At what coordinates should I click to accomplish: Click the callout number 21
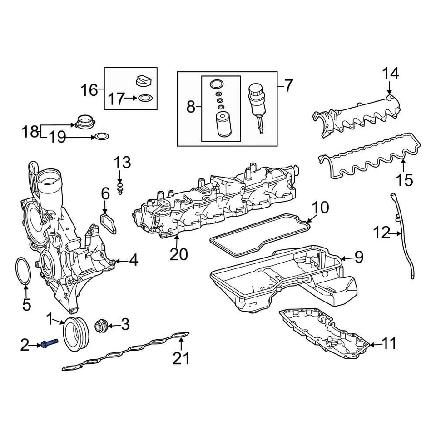(181, 358)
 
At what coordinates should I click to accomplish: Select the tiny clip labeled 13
(120, 188)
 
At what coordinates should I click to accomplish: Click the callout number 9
(359, 258)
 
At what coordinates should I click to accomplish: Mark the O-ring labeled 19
(102, 136)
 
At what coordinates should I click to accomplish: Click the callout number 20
(178, 254)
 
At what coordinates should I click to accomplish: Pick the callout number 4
(133, 260)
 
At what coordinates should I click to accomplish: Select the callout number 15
(404, 180)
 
